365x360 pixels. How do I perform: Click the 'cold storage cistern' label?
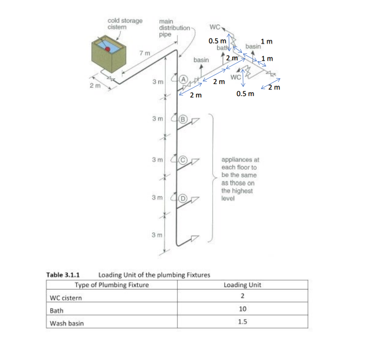click(125, 24)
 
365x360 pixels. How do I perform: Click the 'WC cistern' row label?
click(66, 297)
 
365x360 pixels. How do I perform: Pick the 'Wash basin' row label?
click(67, 323)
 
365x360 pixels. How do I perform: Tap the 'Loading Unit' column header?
click(242, 285)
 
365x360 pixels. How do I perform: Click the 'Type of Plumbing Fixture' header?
click(112, 285)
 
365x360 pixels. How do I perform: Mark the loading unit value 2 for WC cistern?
click(242, 297)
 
